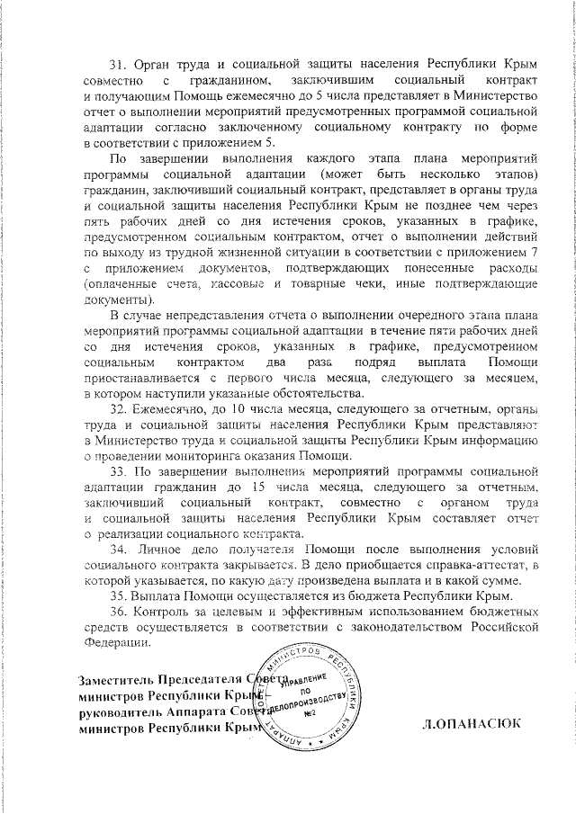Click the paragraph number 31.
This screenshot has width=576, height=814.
tap(117, 66)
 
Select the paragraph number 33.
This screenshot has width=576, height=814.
tap(117, 471)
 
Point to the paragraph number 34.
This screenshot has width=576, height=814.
tap(117, 550)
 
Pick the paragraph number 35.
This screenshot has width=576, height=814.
tap(117, 596)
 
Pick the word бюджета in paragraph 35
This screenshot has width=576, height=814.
tap(375, 596)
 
